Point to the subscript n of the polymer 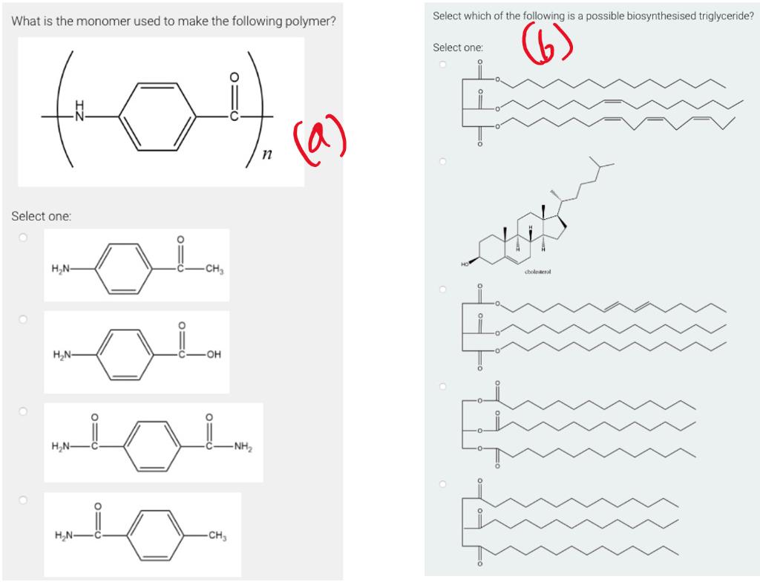tap(264, 154)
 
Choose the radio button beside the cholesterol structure tap(442, 160)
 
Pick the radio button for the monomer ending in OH tap(23, 319)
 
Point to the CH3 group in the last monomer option tap(216, 536)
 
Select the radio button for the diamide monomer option tap(23, 411)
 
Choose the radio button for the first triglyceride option tap(442, 65)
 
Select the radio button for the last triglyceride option tap(442, 483)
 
